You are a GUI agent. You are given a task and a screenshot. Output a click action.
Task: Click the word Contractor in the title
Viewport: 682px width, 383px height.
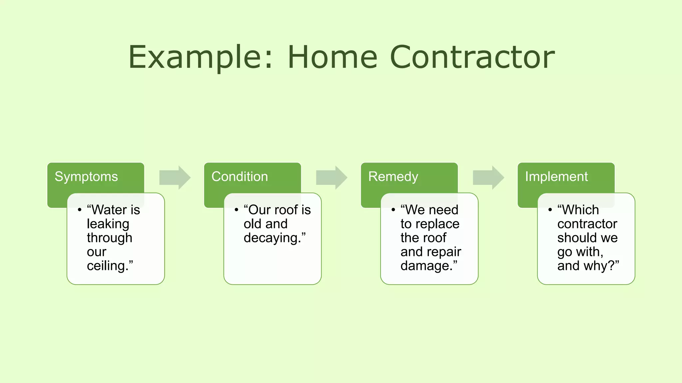coord(472,57)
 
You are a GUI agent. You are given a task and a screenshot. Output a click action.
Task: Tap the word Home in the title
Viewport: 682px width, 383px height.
coord(332,57)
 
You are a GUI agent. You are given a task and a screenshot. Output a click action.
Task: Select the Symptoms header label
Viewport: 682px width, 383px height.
coord(86,177)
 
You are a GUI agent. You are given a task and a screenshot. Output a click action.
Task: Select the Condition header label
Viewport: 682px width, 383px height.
coord(239,177)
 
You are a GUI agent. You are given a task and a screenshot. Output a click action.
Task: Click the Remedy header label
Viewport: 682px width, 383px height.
coord(393,177)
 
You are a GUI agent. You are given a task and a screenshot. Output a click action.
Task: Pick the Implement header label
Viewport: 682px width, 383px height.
coord(556,177)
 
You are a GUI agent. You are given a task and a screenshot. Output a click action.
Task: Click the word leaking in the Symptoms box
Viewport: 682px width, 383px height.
coord(108,224)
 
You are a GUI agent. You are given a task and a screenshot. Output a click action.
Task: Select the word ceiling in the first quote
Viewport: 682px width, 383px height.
coord(107,266)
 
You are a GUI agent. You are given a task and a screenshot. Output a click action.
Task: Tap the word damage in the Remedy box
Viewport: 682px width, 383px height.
coord(426,266)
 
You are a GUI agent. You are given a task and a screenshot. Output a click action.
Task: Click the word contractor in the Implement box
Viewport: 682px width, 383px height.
coord(587,224)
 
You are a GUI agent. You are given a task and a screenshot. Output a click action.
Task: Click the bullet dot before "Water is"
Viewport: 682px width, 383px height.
coord(80,210)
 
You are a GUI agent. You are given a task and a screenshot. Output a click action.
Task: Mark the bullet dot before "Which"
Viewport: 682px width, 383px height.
coord(550,210)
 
